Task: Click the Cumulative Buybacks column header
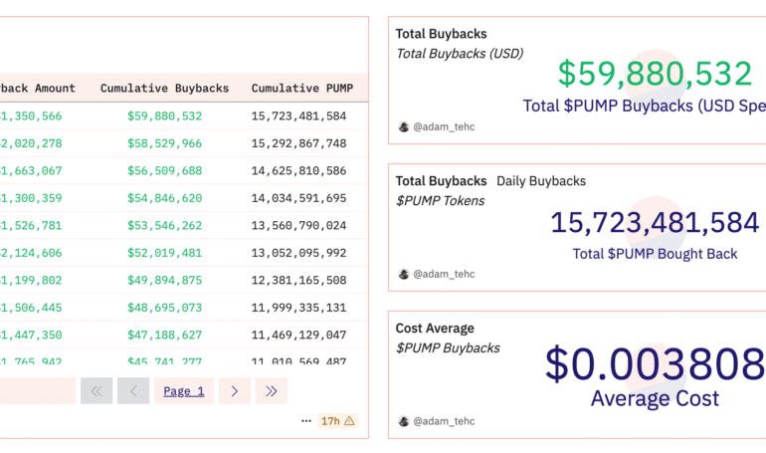[x=164, y=89]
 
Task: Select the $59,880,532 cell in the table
[x=164, y=116]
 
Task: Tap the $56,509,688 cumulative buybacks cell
[x=164, y=171]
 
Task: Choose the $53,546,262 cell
[x=164, y=226]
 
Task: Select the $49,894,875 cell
[x=164, y=281]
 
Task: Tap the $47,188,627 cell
[x=164, y=336]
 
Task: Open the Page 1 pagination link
[x=184, y=391]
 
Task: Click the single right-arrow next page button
[x=234, y=391]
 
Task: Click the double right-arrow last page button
[x=272, y=391]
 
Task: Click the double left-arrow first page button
[x=96, y=391]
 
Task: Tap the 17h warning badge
[x=337, y=421]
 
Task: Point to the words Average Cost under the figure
[x=655, y=399]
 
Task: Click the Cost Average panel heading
[x=435, y=329]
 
